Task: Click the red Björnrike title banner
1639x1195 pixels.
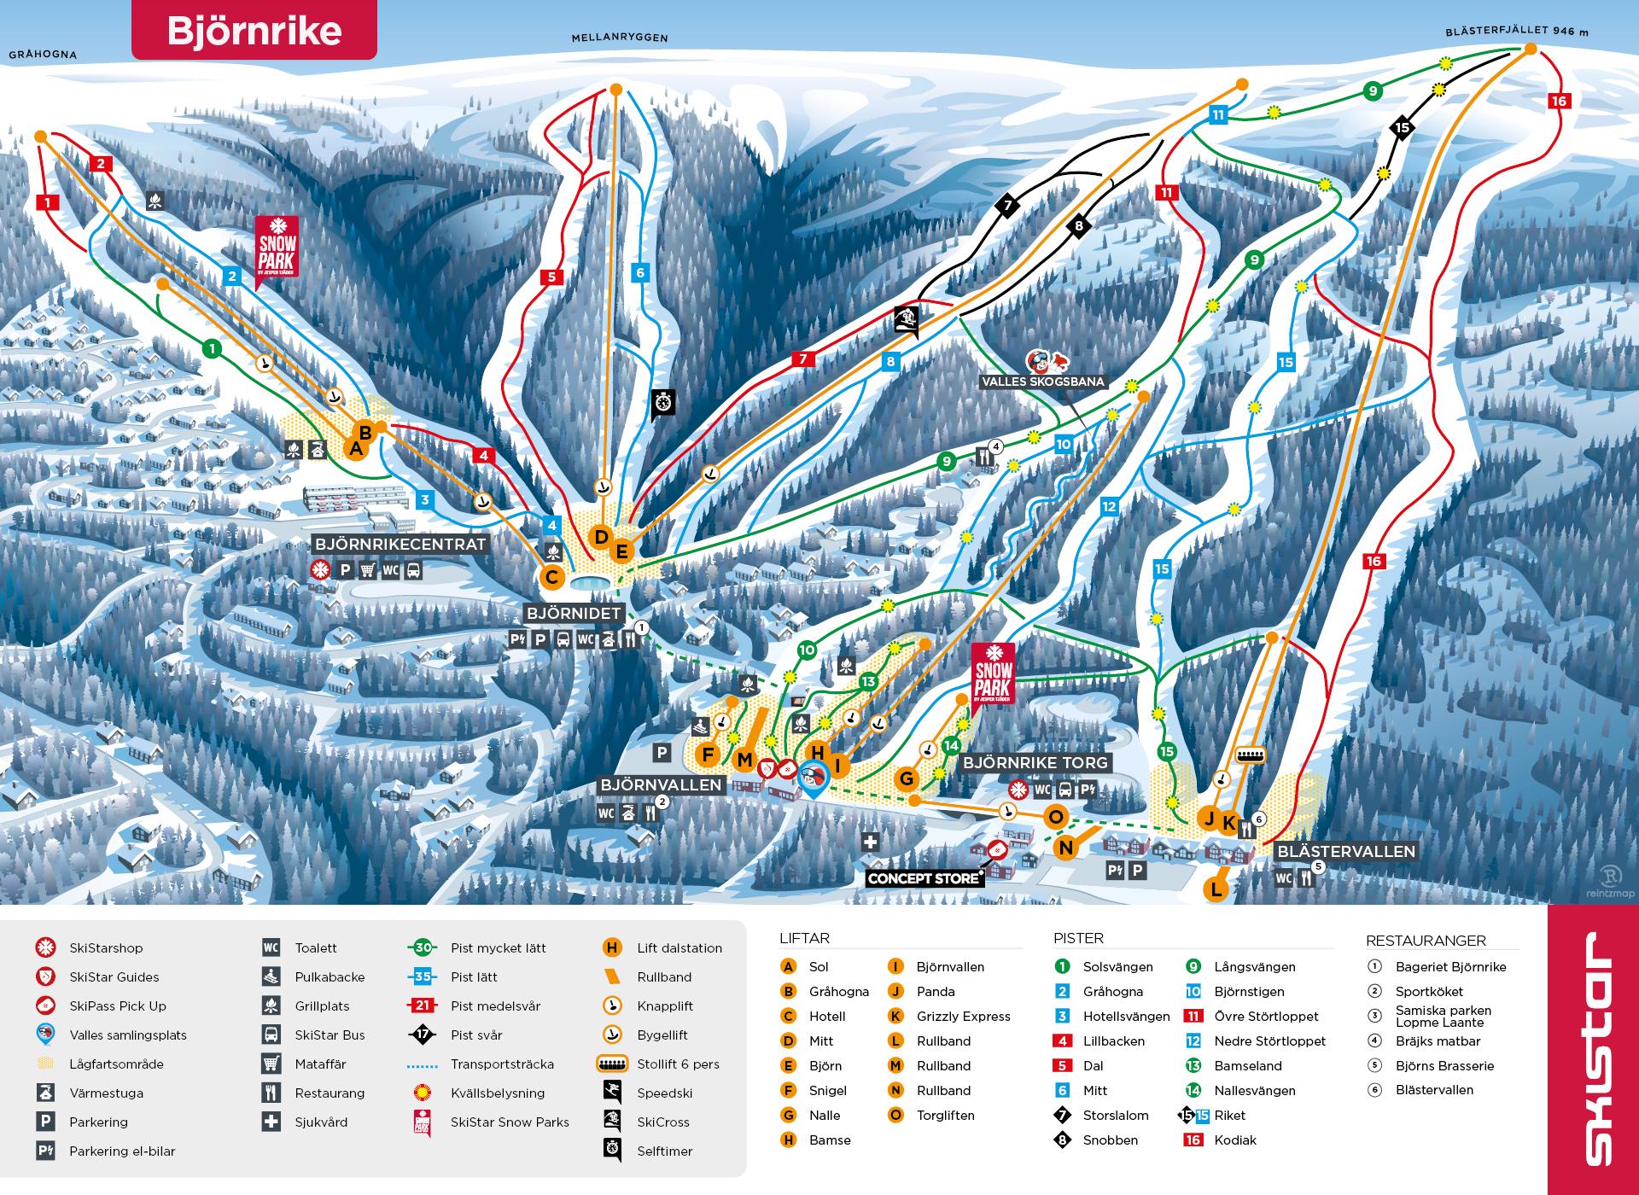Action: coord(254,31)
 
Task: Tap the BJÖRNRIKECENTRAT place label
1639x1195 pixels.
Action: coord(400,545)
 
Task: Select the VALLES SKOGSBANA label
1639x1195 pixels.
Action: coord(1042,382)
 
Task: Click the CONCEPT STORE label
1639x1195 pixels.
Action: coord(924,878)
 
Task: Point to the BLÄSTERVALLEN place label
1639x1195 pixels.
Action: coord(1346,851)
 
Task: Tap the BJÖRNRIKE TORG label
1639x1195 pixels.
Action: coord(1035,762)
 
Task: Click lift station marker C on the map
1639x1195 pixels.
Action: coord(552,577)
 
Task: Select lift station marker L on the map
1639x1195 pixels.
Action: coord(1216,889)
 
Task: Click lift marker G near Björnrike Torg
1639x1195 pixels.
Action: coord(907,778)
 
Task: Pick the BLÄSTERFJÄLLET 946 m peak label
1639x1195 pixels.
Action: coord(1516,31)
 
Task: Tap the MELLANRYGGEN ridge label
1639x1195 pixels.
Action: coord(620,38)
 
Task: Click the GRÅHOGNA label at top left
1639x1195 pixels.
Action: coord(43,54)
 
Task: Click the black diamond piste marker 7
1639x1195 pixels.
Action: coord(1007,205)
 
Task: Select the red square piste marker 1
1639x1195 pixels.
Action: coord(48,202)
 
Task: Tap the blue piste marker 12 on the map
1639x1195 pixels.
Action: coord(1109,506)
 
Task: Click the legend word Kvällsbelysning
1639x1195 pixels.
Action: coord(497,1093)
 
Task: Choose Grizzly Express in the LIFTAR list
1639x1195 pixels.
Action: coord(963,1016)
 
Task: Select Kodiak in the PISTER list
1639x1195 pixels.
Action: coord(1234,1140)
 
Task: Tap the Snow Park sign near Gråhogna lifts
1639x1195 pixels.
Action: coord(277,248)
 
